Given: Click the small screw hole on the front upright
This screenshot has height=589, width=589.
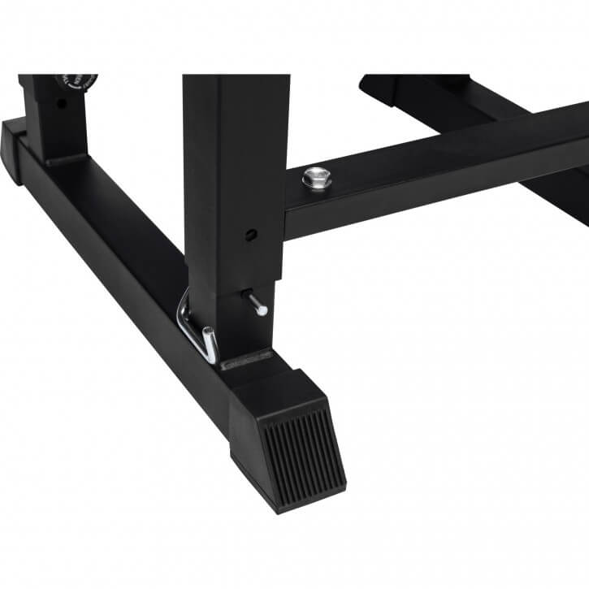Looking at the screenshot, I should [x=252, y=235].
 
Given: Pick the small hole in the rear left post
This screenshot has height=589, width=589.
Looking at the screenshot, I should [x=60, y=105].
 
